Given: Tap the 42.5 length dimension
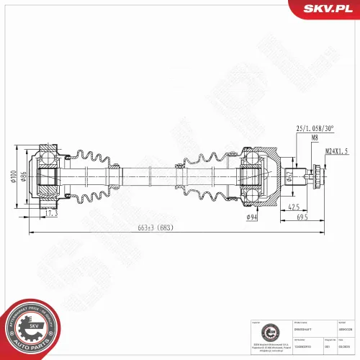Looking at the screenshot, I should pyautogui.click(x=294, y=207).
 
